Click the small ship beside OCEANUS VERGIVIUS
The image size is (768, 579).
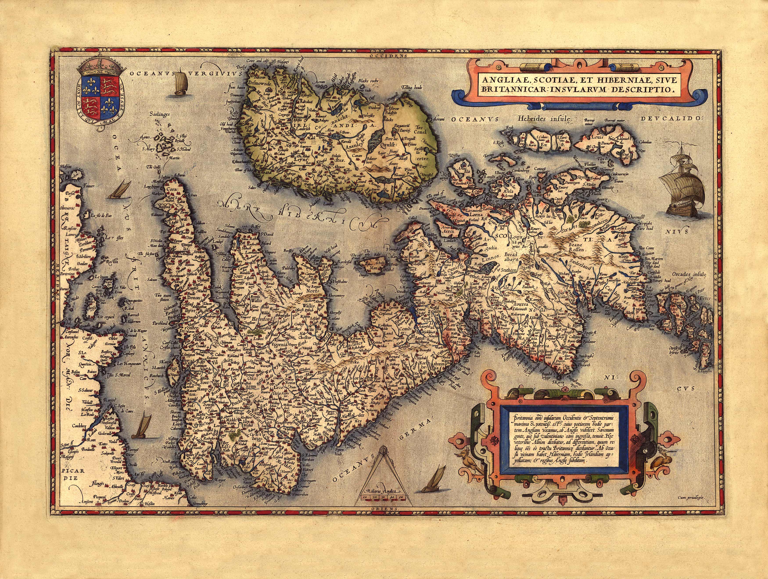[x=180, y=83]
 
